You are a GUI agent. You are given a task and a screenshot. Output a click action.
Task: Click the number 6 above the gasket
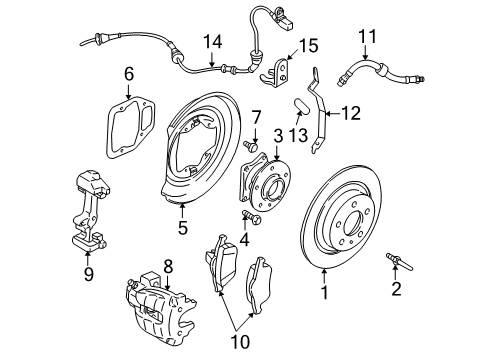point(128,74)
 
